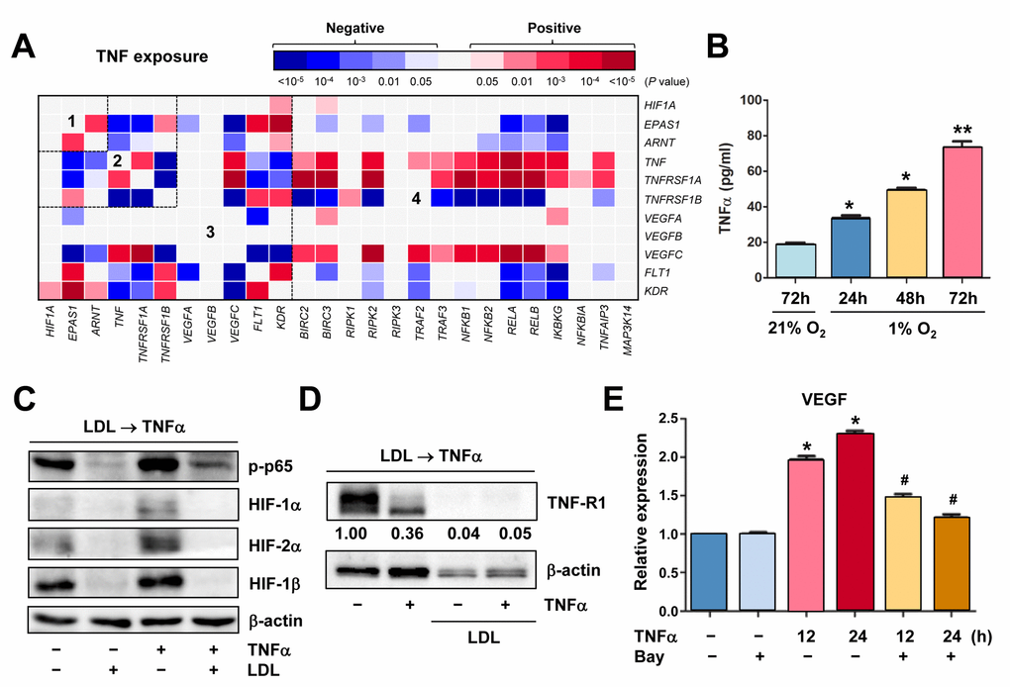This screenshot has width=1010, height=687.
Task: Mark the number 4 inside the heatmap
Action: tap(417, 198)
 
